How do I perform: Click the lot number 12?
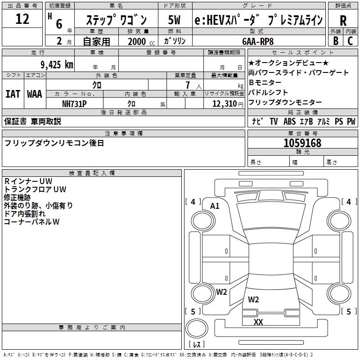22,19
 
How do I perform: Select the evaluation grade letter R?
343,21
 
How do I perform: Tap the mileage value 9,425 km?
56,64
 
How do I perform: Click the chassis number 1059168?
302,143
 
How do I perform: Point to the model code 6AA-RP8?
257,41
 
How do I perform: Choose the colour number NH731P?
74,103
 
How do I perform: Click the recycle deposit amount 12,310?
222,103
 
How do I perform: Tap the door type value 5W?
174,21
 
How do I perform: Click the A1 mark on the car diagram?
215,206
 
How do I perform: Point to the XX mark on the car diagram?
258,322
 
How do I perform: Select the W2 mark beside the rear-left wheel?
221,292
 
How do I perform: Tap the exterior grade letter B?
335,40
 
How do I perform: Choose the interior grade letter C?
350,40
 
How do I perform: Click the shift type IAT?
13,94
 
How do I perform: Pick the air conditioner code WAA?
34,94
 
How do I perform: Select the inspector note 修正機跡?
17,197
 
